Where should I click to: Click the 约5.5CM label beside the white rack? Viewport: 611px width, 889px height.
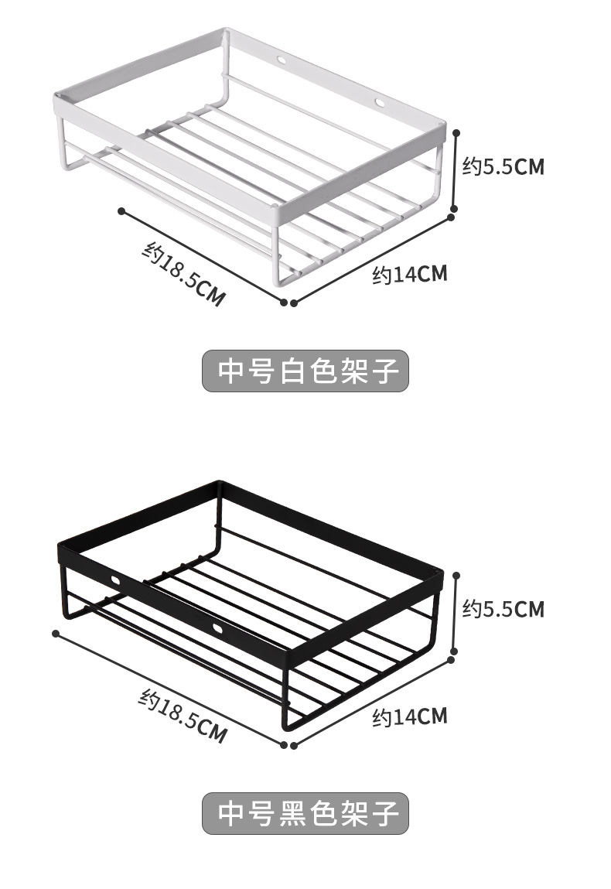pos(503,166)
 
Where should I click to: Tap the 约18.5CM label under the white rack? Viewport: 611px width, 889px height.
pos(183,274)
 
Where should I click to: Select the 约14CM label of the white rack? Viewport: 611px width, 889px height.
pos(409,274)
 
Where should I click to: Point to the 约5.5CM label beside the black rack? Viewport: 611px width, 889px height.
pos(503,609)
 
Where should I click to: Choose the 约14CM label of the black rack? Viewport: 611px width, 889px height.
pos(409,716)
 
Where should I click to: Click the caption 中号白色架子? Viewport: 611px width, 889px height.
pos(305,371)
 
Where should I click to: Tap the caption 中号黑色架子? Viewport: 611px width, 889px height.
pos(305,813)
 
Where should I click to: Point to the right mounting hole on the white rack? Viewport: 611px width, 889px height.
pos(381,101)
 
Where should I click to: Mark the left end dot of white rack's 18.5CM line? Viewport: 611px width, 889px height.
pos(121,210)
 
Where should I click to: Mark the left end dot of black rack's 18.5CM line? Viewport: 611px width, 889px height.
pos(56,633)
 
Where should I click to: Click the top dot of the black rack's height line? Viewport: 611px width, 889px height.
pos(456,575)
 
